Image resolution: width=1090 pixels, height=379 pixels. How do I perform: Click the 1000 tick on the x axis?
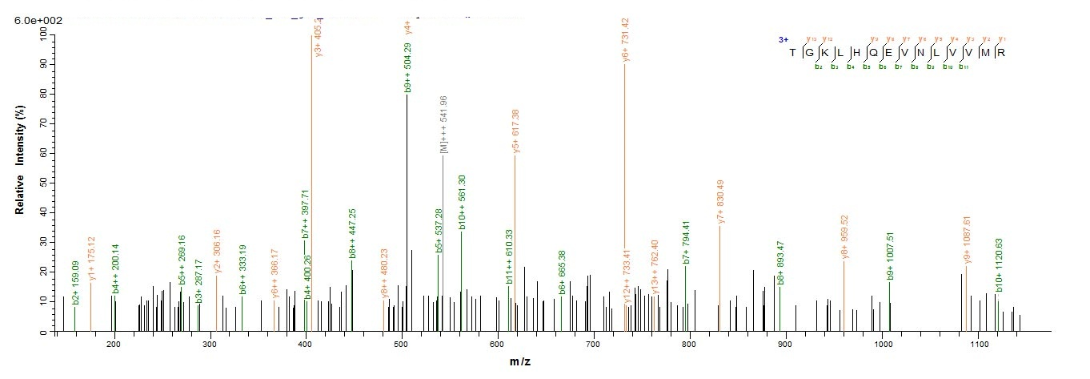[x=883, y=345]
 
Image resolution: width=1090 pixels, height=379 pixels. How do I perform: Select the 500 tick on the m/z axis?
[x=402, y=345]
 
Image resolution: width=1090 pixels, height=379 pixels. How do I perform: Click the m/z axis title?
[x=520, y=362]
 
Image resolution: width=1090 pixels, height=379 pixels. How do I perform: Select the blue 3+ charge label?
[x=783, y=39]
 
